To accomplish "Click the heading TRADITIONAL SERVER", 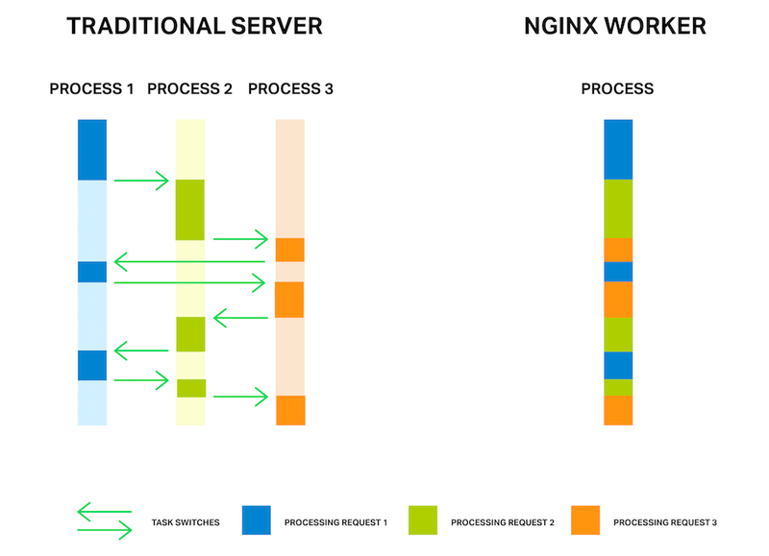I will pyautogui.click(x=193, y=26).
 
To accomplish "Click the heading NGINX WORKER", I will pyautogui.click(x=615, y=26).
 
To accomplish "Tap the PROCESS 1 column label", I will pyautogui.click(x=91, y=89).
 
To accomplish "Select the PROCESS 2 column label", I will pyautogui.click(x=190, y=89).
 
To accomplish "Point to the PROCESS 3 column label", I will pyautogui.click(x=290, y=89).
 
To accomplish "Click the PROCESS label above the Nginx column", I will pyautogui.click(x=617, y=89).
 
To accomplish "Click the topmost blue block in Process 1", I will pyautogui.click(x=92, y=150).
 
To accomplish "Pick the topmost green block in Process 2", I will pyautogui.click(x=190, y=209).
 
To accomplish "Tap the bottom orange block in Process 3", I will pyautogui.click(x=290, y=410).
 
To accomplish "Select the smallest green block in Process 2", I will pyautogui.click(x=190, y=388).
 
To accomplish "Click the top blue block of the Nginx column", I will pyautogui.click(x=618, y=150).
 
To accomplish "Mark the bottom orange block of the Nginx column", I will pyautogui.click(x=618, y=410).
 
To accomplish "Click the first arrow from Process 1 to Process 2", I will pyautogui.click(x=141, y=181).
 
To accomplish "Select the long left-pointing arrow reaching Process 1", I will pyautogui.click(x=188, y=261).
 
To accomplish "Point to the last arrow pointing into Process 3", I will pyautogui.click(x=240, y=396).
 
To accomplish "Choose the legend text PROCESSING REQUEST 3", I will pyautogui.click(x=665, y=523).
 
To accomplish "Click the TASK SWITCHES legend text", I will pyautogui.click(x=186, y=523).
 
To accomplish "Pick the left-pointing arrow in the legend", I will pyautogui.click(x=104, y=511).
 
